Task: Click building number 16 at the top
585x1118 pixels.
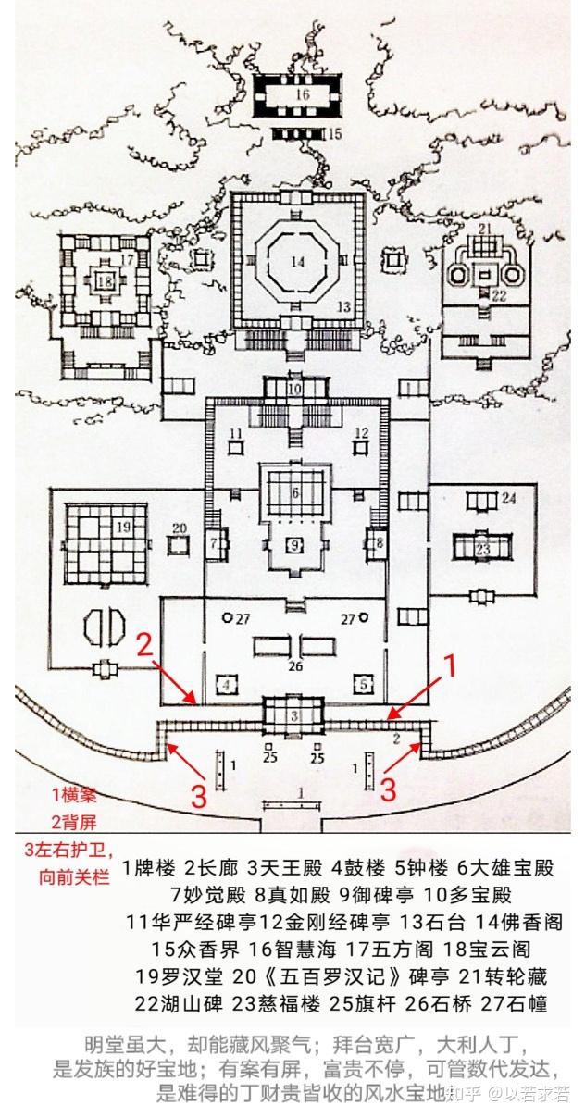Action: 302,94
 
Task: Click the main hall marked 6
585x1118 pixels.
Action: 296,493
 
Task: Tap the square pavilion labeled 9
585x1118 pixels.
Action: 295,544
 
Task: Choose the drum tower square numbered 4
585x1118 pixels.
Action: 226,685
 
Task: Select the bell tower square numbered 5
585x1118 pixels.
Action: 365,685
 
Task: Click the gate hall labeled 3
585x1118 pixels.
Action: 294,716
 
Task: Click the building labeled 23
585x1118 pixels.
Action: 482,548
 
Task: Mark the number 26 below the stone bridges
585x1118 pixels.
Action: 295,665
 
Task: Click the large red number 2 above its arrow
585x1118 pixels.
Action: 144,645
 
